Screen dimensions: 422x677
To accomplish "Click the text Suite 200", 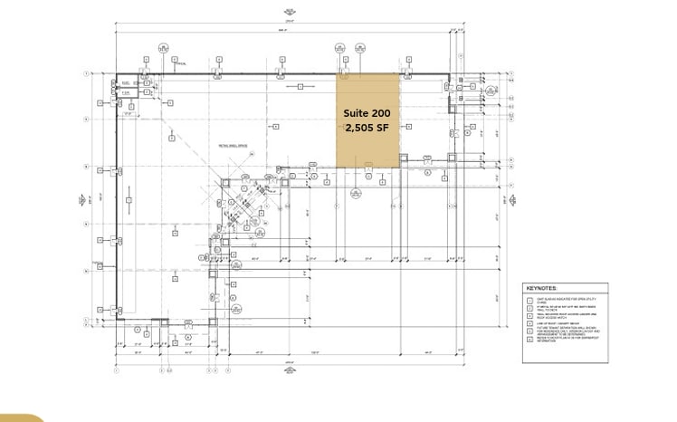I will click(367, 112).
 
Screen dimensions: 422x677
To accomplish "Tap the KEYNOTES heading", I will click(543, 288).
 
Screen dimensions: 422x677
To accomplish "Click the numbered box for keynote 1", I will click(531, 298).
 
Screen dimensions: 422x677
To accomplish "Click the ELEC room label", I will click(128, 82).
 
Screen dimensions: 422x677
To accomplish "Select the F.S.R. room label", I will click(128, 92).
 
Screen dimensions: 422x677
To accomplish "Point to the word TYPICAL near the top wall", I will click(181, 64).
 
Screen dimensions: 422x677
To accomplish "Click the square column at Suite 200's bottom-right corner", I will click(399, 167).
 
